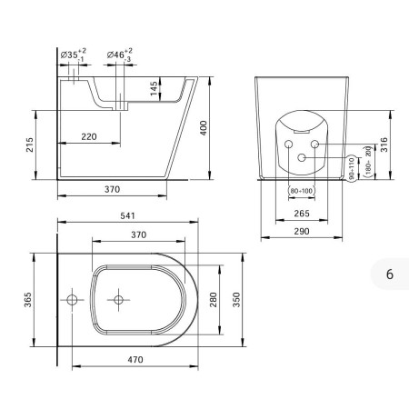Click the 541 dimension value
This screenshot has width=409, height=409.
127,215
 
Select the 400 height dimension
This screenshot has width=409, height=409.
204,128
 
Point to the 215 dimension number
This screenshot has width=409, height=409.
29,145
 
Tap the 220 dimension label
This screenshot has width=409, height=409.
89,136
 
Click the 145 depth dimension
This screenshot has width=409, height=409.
155,88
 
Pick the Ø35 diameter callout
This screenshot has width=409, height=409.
74,55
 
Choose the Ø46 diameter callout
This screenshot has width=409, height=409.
120,55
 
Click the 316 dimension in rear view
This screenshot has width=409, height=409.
384,145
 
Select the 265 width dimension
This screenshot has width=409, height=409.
302,214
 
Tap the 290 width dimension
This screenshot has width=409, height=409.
302,231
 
